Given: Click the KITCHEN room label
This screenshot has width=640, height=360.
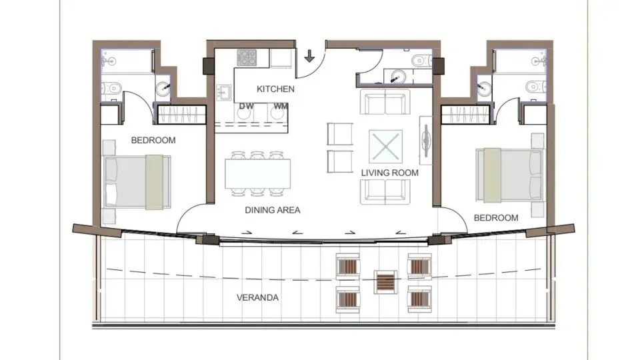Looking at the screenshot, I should tap(275, 89).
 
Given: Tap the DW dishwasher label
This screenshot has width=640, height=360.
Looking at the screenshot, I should tap(245, 106).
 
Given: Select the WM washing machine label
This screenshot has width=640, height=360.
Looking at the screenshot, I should tap(280, 106).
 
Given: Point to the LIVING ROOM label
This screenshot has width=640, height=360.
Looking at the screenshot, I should tap(390, 173).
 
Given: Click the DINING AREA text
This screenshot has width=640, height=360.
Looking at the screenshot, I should tap(273, 209).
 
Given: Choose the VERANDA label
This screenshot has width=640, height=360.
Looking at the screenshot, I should tap(258, 297).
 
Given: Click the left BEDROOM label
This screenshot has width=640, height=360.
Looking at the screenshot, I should tap(153, 140).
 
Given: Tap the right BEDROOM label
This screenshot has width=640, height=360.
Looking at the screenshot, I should tap(496, 218).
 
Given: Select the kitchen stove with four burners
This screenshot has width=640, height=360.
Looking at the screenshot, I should tap(247, 58).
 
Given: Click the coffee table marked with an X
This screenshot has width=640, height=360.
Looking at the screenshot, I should tap(387, 146).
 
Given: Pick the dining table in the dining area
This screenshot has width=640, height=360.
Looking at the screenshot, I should tap(259, 173).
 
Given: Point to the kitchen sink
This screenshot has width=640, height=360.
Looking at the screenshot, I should tap(223, 92).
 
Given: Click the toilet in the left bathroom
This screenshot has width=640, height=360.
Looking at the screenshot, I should tap(112, 86).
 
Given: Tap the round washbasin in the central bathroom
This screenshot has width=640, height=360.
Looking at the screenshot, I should tap(397, 75).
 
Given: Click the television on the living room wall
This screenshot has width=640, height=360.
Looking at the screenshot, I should tap(425, 139).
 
